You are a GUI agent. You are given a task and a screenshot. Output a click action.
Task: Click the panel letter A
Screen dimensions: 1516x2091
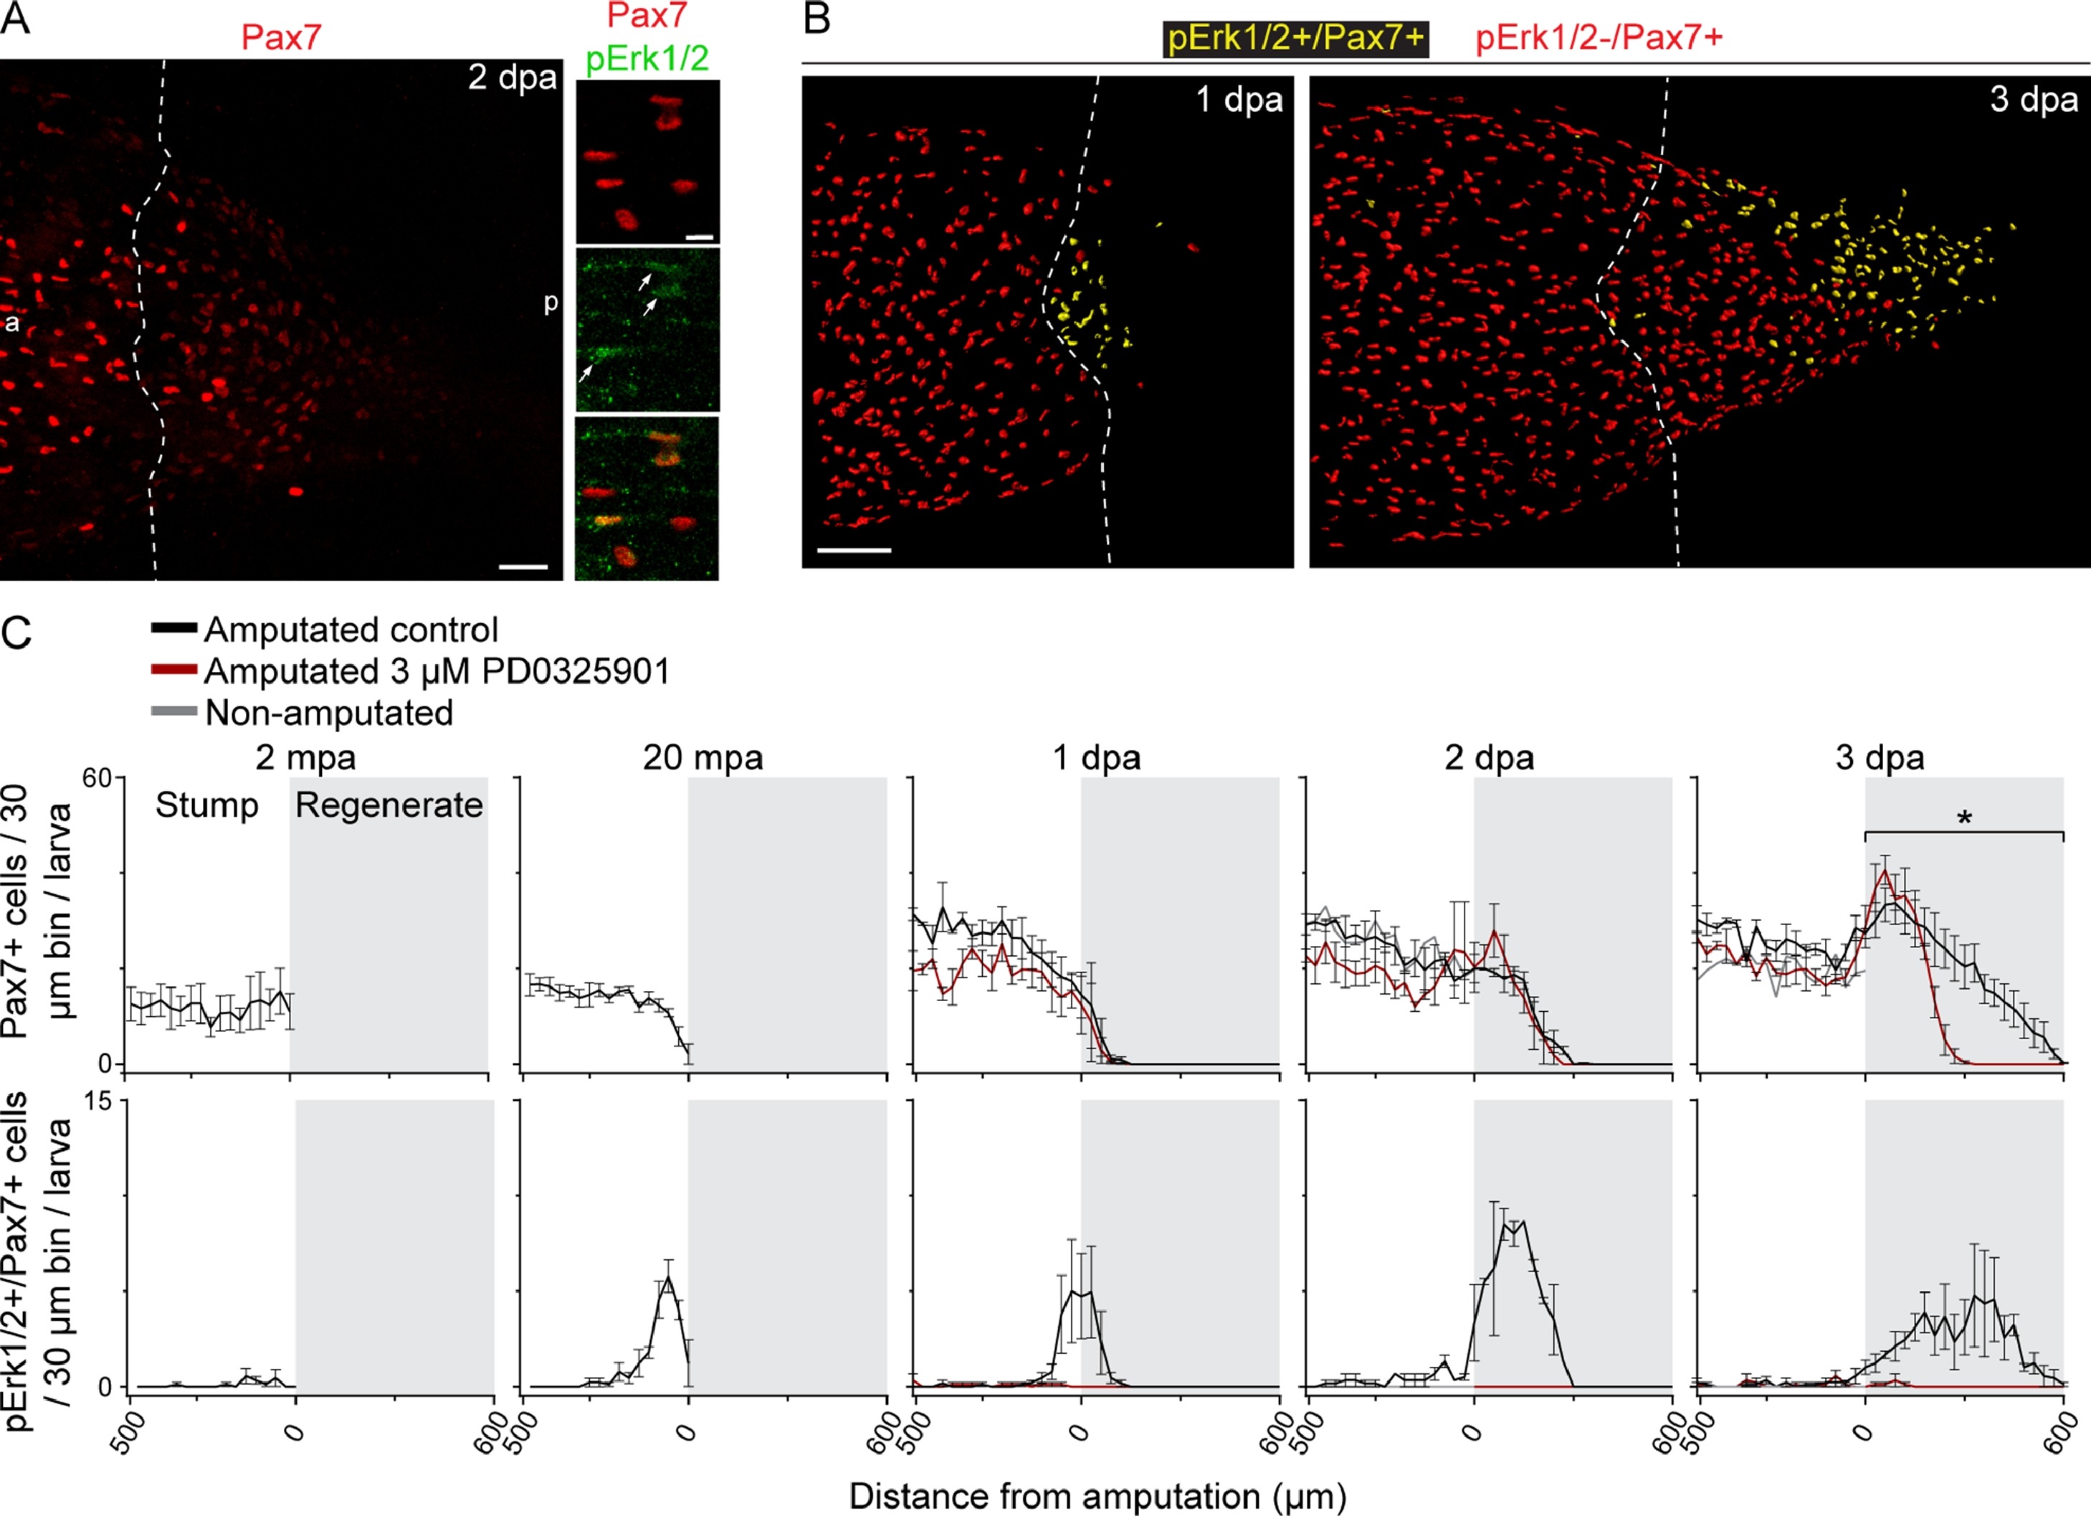[x=16, y=19]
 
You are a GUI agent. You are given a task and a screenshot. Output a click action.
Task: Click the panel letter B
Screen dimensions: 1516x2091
[x=818, y=19]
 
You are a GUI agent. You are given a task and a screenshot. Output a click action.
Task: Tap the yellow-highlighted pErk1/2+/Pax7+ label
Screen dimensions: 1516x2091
[x=1295, y=39]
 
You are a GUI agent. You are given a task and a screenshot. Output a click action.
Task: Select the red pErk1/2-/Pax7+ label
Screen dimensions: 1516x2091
[x=1599, y=39]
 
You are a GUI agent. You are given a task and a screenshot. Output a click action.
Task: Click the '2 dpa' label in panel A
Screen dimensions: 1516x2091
[x=512, y=77]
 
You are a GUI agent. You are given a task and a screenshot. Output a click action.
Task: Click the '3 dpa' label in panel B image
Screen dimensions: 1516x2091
[x=2033, y=100]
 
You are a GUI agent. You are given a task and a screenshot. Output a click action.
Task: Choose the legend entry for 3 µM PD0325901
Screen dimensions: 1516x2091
[x=436, y=671]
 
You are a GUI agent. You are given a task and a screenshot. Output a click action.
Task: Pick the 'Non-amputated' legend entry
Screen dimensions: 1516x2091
[x=329, y=713]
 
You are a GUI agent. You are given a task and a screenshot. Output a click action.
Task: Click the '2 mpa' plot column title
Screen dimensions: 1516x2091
[x=305, y=758]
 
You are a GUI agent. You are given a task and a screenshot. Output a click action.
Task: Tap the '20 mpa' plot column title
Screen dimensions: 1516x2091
[x=702, y=758]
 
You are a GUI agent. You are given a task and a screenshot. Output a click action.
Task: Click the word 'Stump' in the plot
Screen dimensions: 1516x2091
[x=206, y=805]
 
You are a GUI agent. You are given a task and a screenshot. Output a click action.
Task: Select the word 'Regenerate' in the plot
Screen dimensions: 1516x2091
[x=388, y=805]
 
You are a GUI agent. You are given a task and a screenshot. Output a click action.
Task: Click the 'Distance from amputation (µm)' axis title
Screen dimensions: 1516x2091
[x=1097, y=1496]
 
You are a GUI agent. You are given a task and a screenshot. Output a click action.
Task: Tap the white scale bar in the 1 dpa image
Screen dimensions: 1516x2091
[x=854, y=551]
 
